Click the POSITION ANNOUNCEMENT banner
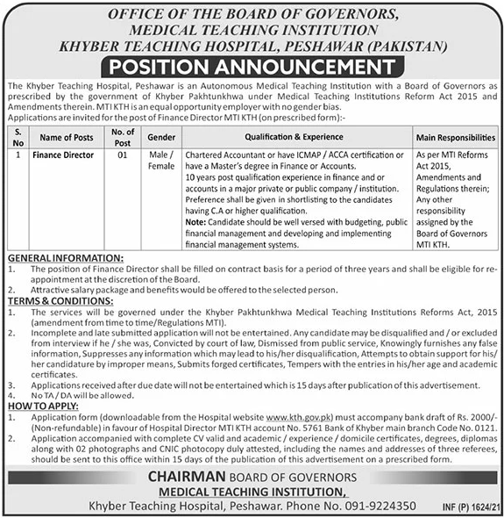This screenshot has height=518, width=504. coord(252,67)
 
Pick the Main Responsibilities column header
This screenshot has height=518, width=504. coord(456,138)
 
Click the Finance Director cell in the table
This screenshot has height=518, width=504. coord(62,154)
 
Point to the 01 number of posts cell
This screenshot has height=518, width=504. coord(123,154)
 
